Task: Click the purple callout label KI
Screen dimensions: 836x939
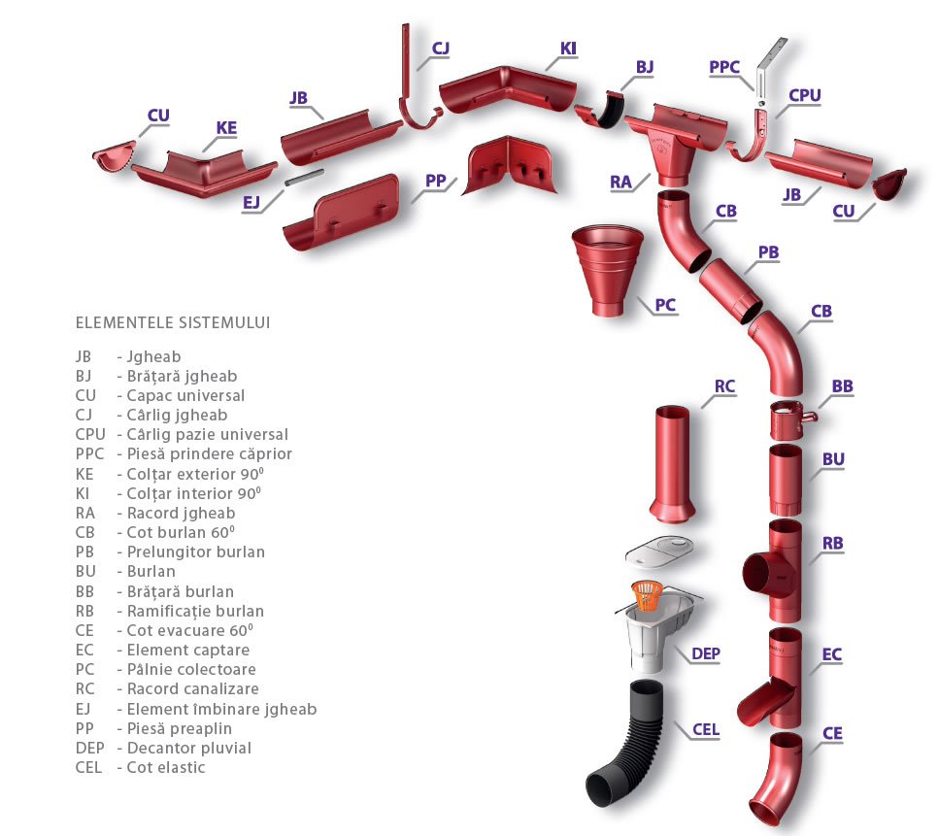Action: [569, 48]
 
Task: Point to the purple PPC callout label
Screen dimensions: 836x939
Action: [724, 67]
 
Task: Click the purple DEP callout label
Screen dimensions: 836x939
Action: [706, 653]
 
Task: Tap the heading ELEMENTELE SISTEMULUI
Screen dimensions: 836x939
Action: [173, 321]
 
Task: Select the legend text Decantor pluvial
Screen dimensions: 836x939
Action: [188, 748]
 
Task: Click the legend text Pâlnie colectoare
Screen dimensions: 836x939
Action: [191, 669]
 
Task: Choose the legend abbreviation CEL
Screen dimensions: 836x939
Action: [88, 767]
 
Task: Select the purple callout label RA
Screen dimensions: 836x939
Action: [621, 182]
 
